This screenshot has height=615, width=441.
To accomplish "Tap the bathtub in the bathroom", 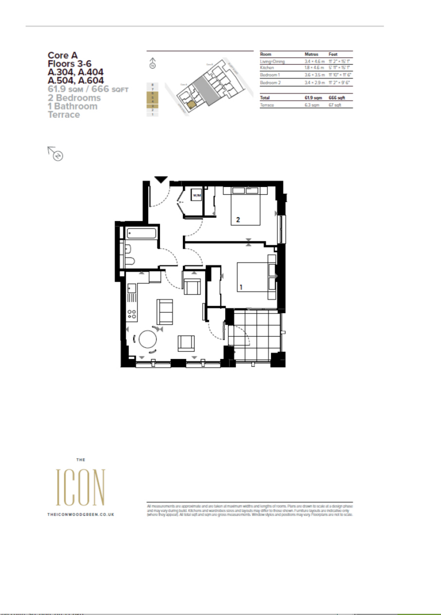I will (141, 233).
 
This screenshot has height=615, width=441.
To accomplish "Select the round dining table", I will (148, 339).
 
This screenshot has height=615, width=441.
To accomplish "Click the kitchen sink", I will (132, 288).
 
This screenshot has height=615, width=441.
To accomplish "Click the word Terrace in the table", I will (267, 105).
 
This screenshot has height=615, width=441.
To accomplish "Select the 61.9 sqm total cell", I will (313, 98).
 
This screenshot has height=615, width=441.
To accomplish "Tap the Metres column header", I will (311, 54).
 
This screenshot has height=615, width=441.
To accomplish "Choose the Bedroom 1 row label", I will (270, 75).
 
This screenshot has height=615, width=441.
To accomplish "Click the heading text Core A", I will (63, 55).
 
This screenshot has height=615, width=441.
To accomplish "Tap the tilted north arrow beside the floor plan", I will (56, 154).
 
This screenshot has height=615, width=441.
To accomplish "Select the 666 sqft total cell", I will (337, 98).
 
